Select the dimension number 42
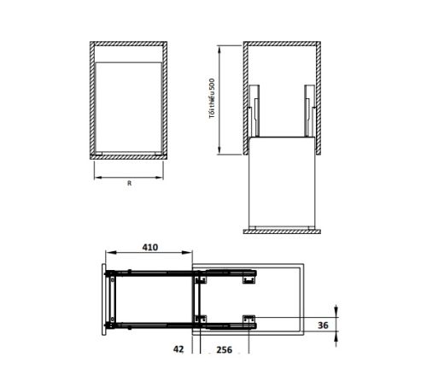pyautogui.click(x=178, y=349)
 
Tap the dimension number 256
pyautogui.click(x=225, y=349)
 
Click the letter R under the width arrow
pyautogui.click(x=128, y=184)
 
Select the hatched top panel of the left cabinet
pyautogui.click(x=129, y=43)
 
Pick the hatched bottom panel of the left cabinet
pyautogui.click(x=129, y=157)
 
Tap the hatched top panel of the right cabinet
pyautogui.click(x=282, y=43)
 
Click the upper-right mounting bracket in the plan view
pyautogui.click(x=249, y=275)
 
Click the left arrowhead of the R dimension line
pyautogui.click(x=95, y=178)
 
